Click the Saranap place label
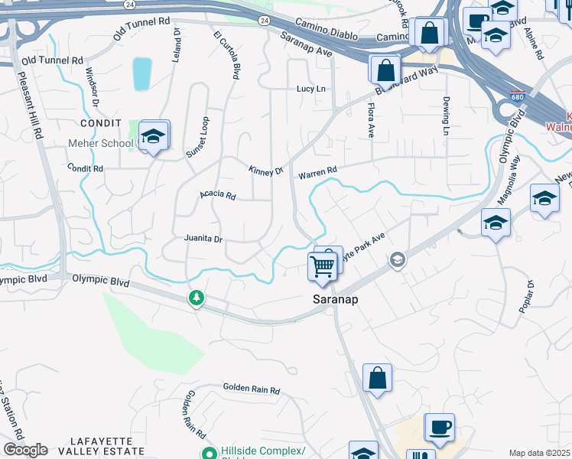(x=336, y=300)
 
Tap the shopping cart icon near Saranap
(x=322, y=265)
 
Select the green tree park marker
(x=197, y=296)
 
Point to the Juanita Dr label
(x=203, y=239)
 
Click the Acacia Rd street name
(x=217, y=195)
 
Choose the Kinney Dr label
(x=265, y=171)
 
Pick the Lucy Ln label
(x=311, y=89)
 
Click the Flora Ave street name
(x=371, y=120)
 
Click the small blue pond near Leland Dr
(x=142, y=73)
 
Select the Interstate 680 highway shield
(x=518, y=97)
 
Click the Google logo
(x=25, y=450)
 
